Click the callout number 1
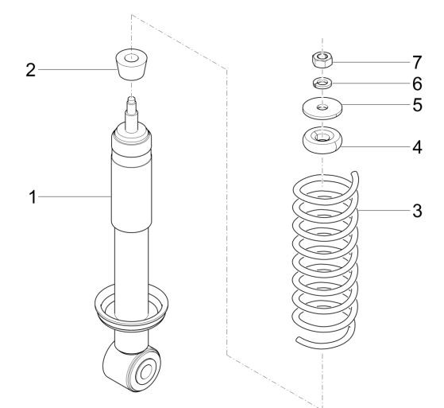pyautogui.click(x=33, y=197)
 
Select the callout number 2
pyautogui.click(x=31, y=70)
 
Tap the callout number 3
pyautogui.click(x=417, y=211)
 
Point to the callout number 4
pyautogui.click(x=417, y=147)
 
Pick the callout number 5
pyautogui.click(x=417, y=105)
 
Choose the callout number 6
pyautogui.click(x=417, y=84)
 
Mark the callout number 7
pyautogui.click(x=417, y=62)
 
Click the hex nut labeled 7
pyautogui.click(x=322, y=60)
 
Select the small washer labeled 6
pyautogui.click(x=322, y=84)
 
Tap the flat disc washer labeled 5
pyautogui.click(x=322, y=107)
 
